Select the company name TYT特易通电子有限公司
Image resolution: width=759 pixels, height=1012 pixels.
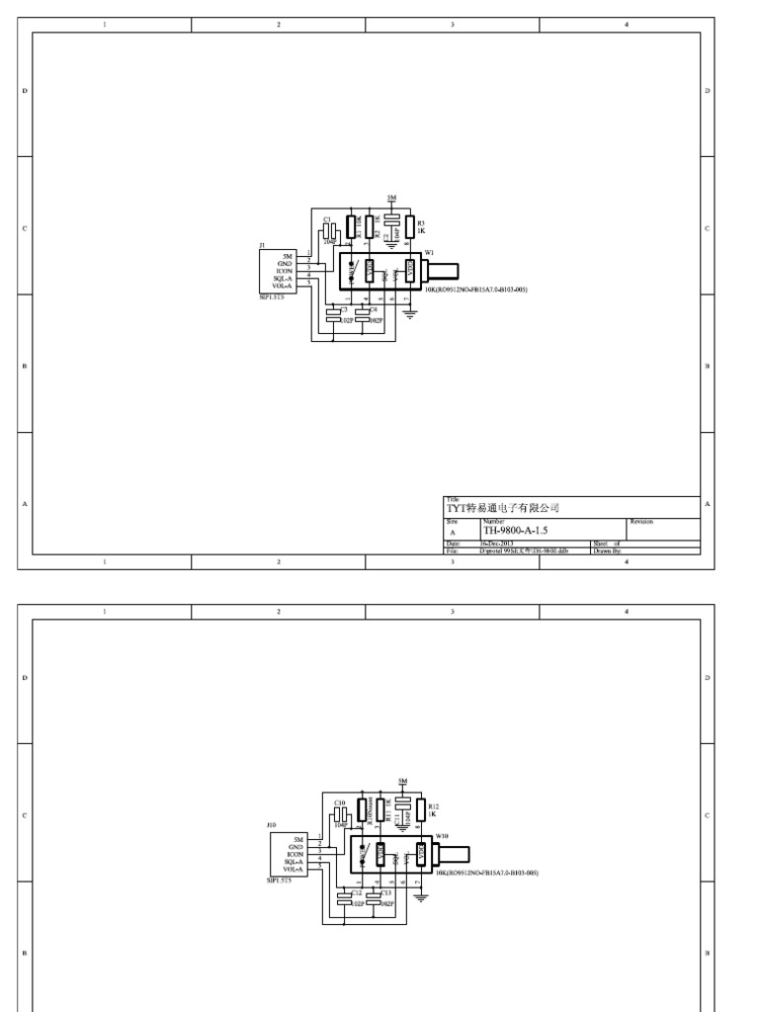coord(504,507)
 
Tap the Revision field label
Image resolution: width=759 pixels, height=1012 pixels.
coord(642,521)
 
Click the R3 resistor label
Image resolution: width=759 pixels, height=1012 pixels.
coord(421,223)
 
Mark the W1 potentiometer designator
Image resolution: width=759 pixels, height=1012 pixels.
coord(429,252)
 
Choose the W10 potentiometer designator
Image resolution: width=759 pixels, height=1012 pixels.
coord(441,835)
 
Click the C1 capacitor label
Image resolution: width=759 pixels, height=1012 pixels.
coord(326,219)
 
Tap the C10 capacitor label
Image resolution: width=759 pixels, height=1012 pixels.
coord(339,802)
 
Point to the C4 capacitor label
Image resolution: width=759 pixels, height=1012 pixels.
coord(374,310)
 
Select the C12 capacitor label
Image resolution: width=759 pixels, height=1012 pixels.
coord(357,892)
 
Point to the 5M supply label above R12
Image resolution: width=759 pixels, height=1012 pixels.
coord(402,782)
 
